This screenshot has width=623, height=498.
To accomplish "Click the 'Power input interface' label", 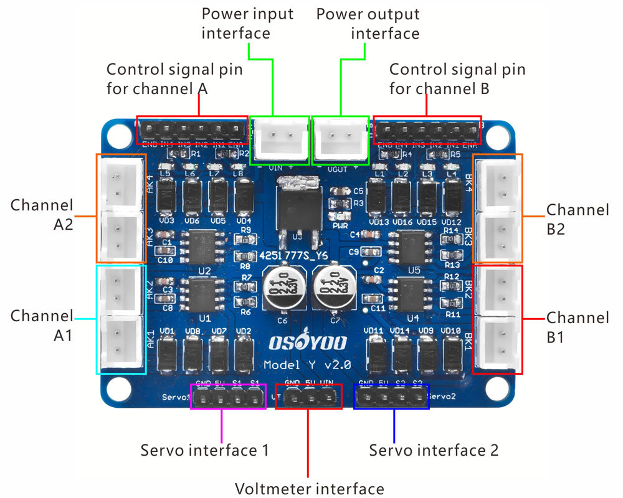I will [247, 23].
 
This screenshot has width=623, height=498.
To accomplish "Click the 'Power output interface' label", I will [368, 23].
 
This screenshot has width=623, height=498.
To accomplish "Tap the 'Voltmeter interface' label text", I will [309, 488].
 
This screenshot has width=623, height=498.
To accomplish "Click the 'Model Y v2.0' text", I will [307, 364].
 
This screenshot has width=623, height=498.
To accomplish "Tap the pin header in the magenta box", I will [227, 397].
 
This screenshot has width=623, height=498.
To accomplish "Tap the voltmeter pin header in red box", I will [309, 397].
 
